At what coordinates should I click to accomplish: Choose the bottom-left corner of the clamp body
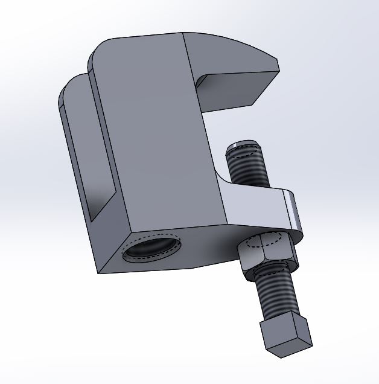click(99, 272)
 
